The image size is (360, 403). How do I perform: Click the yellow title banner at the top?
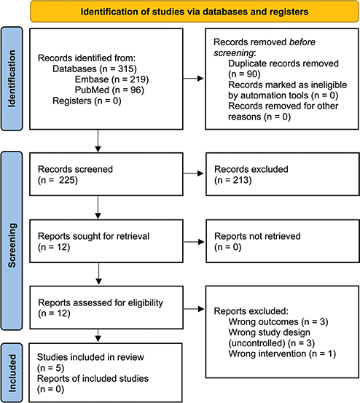195,12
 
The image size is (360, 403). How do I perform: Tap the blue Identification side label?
12,79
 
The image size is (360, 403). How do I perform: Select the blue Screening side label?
12,240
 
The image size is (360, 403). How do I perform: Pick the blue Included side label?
12,373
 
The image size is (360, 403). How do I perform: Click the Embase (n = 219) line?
111,79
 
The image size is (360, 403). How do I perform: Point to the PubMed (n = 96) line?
109,90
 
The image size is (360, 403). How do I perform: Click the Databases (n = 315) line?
95,69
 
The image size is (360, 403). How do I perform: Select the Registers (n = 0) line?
87,101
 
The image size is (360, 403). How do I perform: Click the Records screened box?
106,174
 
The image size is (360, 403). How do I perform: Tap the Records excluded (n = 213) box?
283,174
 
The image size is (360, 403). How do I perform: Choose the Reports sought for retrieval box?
106,241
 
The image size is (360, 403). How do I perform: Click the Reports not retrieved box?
283,241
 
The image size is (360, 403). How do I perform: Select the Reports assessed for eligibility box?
106,308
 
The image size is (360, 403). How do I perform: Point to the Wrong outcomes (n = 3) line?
278,322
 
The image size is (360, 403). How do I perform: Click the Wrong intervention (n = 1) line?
282,354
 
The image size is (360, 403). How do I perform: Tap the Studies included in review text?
90,357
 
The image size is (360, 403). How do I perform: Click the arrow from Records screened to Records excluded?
193,173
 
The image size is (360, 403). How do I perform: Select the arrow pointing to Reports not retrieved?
195,242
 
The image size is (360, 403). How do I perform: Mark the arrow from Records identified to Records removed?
193,79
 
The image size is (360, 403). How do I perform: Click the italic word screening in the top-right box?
234,52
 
